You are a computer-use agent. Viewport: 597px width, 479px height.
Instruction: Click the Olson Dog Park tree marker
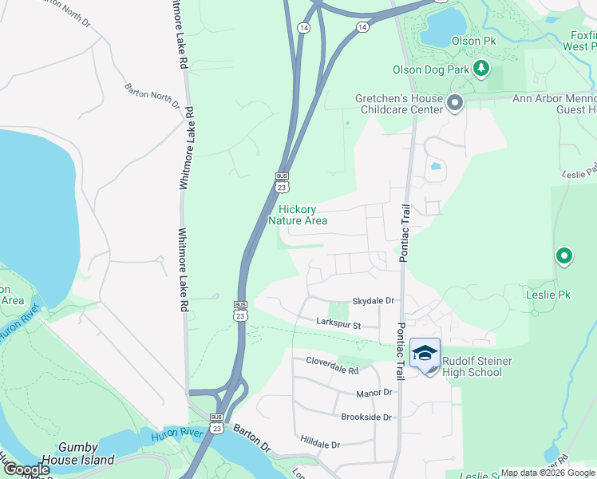tap(480, 69)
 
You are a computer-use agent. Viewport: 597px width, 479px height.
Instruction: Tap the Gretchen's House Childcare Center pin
tap(455, 104)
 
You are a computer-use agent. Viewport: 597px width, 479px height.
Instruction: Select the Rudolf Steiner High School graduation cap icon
tap(425, 354)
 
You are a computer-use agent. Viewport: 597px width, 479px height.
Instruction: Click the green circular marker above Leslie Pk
tap(564, 256)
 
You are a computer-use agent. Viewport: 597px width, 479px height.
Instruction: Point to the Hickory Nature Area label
tap(298, 215)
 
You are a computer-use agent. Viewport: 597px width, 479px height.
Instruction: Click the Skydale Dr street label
tap(374, 300)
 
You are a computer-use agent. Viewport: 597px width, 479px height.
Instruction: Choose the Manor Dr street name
tap(374, 393)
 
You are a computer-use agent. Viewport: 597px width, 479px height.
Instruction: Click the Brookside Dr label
tap(366, 418)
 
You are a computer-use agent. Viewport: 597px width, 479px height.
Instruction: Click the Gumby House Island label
tap(85, 453)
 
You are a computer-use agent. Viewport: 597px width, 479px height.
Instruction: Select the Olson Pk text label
tap(467, 41)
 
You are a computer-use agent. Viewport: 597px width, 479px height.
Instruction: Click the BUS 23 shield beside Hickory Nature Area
tap(282, 181)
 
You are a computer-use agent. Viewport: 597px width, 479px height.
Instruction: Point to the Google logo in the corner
tap(26, 469)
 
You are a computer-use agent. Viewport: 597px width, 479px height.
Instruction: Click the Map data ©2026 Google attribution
tap(547, 473)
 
